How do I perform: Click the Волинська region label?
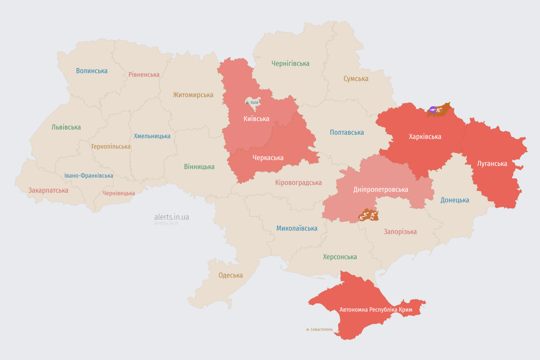tap(92, 71)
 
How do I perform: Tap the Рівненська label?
tap(144, 75)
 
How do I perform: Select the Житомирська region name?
tap(193, 95)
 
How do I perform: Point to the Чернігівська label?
tap(290, 63)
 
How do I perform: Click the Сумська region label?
tap(356, 79)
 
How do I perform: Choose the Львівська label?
tap(66, 127)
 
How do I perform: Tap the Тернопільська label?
tap(111, 146)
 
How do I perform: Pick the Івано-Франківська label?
tap(89, 176)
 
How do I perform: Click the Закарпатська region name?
tap(48, 190)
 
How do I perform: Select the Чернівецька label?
tap(119, 193)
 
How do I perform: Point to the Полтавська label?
tap(347, 133)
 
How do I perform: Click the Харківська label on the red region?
tap(425, 137)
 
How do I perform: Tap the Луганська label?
tap(492, 164)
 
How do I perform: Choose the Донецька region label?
tap(455, 200)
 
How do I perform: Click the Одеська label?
tap(231, 275)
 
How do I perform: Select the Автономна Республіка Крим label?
tap(376, 310)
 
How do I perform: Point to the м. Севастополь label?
tap(319, 329)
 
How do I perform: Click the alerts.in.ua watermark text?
tap(172, 217)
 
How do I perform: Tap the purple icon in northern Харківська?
tap(433, 110)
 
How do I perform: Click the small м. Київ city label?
tap(252, 102)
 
